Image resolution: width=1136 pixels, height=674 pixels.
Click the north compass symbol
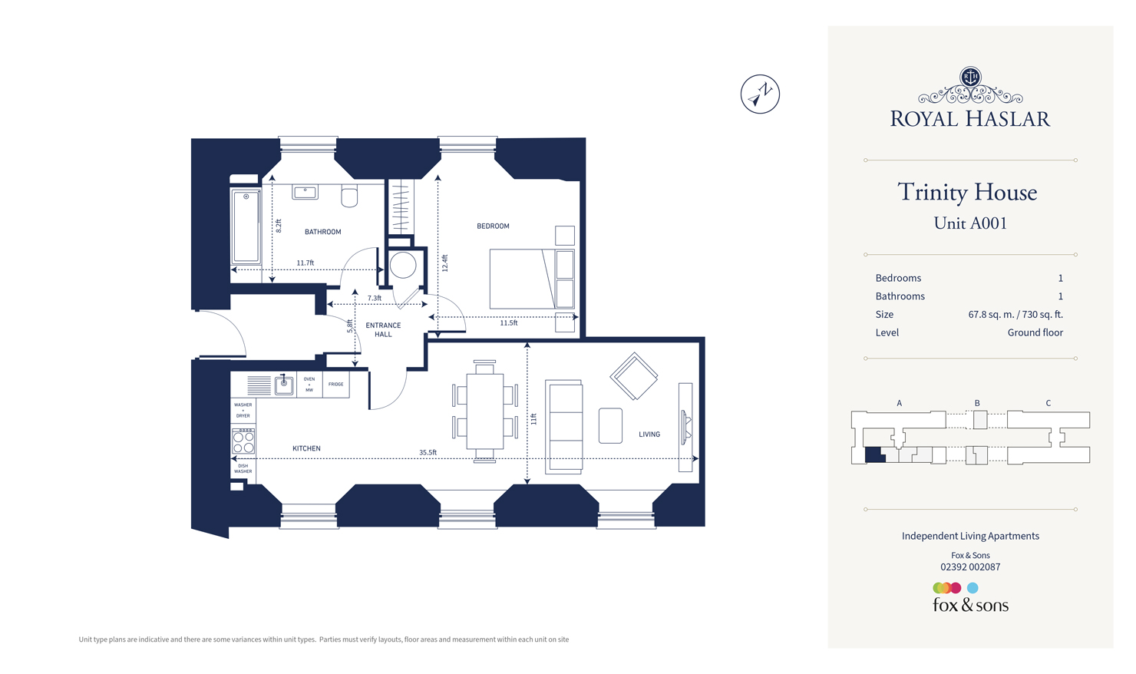coord(760,94)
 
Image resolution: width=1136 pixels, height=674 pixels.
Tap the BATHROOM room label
coord(322,232)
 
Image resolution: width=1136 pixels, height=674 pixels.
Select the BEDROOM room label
coord(493,226)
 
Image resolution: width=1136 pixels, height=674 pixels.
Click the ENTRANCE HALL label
coord(383,330)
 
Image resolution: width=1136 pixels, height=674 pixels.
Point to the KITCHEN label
coord(306,448)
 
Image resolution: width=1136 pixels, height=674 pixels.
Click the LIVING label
coord(649,434)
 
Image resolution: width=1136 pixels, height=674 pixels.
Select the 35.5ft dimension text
coord(428,453)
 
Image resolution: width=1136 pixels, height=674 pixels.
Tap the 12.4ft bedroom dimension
coord(444,263)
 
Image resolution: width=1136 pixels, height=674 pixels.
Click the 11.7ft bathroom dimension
coord(305,263)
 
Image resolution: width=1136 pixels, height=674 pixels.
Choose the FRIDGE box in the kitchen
coord(336,385)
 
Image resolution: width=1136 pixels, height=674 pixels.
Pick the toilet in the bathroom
coord(349,197)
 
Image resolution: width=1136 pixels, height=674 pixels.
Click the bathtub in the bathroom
coord(246,227)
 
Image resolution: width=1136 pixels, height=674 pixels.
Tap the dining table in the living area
coord(485,411)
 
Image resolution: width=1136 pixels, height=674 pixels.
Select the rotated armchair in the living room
coord(634,376)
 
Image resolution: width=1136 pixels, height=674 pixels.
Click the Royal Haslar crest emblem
coord(970,77)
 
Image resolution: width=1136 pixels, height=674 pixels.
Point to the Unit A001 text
coord(970,223)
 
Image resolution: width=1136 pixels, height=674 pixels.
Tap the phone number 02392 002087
coord(970,567)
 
